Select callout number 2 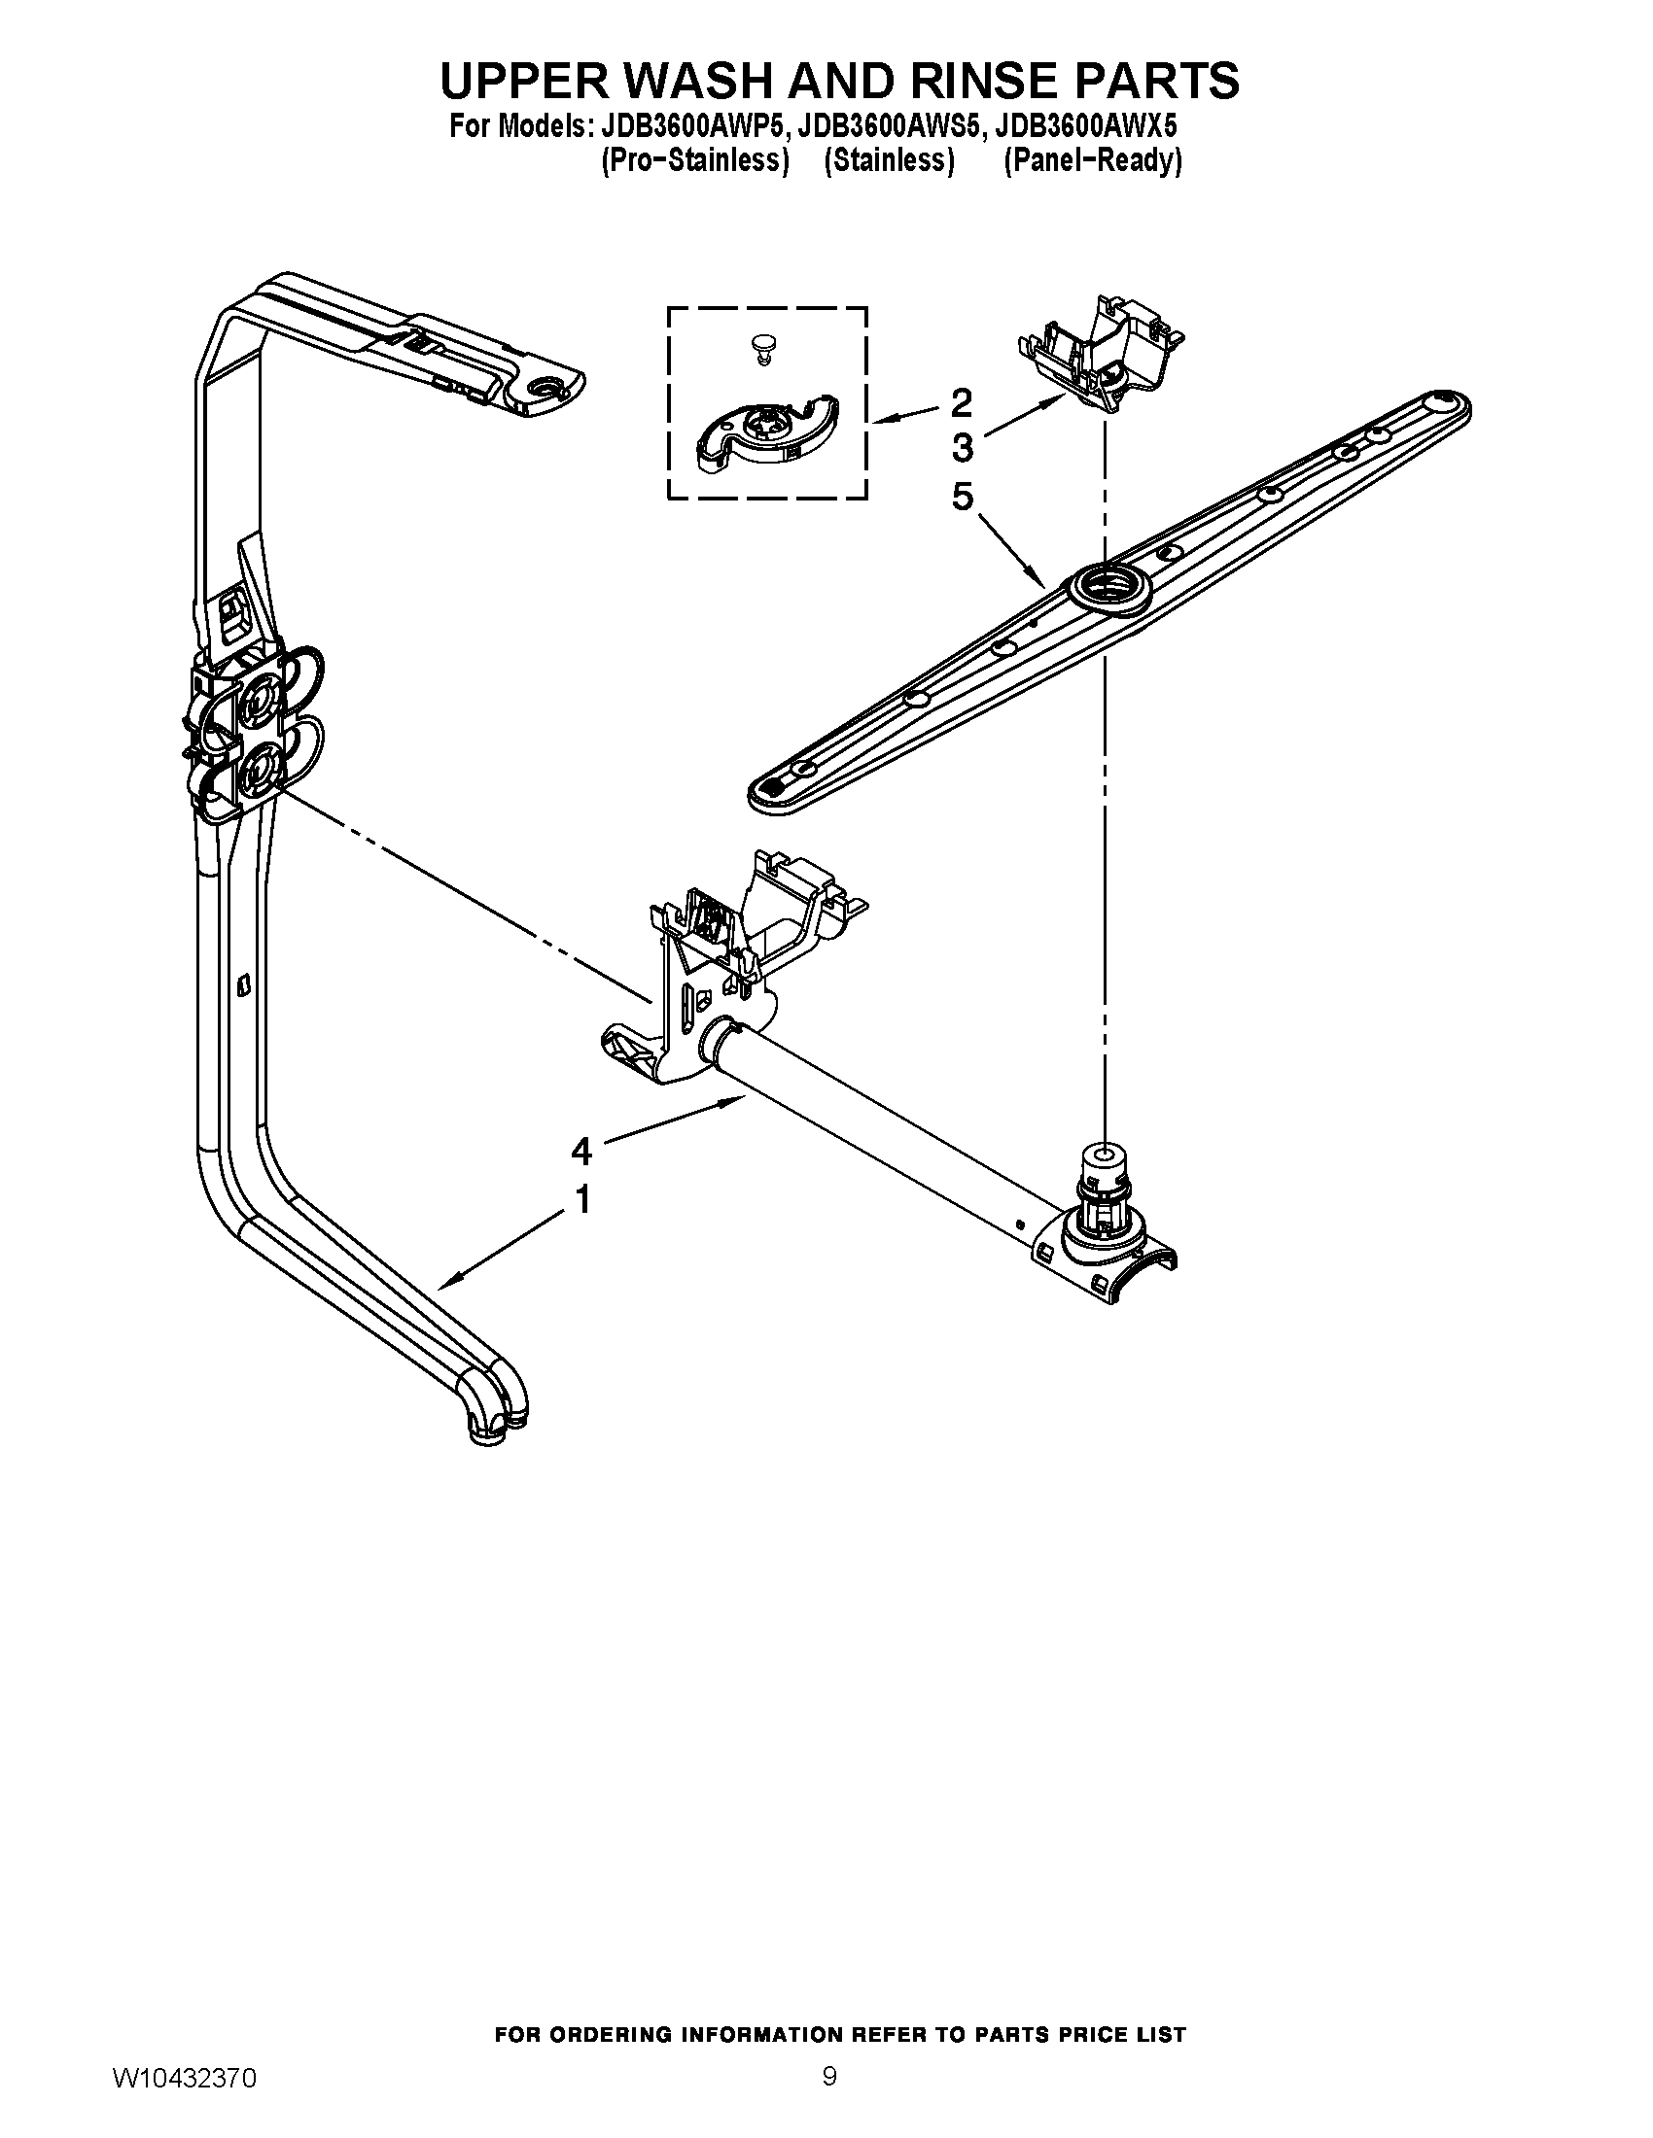[962, 401]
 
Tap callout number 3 [962, 448]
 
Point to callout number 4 [581, 1152]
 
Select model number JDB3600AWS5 [888, 128]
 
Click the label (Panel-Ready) [1093, 161]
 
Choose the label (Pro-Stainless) [694, 161]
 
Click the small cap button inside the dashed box [761, 345]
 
